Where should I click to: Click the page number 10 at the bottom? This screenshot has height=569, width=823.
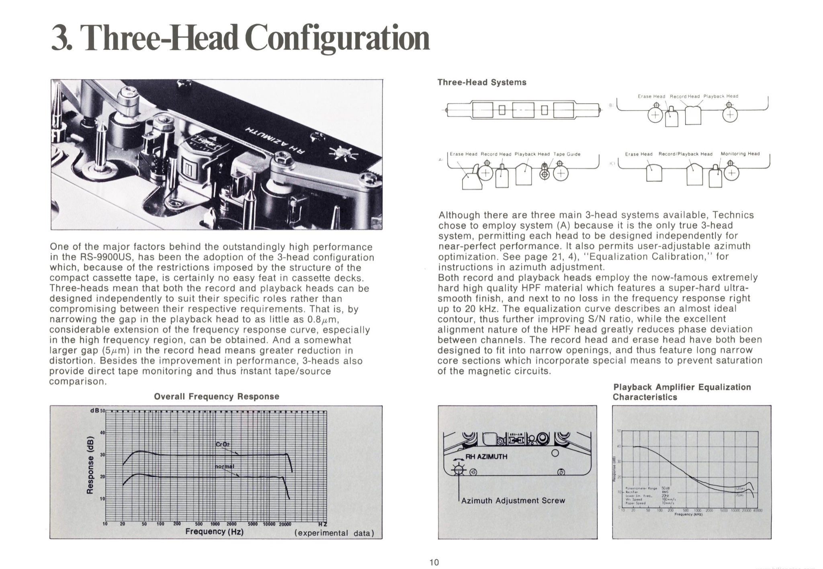click(434, 562)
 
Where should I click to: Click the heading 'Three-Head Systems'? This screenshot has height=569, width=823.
click(481, 82)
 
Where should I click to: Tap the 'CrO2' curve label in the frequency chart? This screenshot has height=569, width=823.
click(222, 444)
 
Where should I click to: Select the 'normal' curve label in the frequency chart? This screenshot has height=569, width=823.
click(224, 466)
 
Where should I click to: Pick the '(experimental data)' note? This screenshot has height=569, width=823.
click(334, 533)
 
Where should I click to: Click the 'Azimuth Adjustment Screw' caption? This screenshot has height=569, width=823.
click(513, 501)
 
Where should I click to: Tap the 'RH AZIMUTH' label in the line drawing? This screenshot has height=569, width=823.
click(486, 456)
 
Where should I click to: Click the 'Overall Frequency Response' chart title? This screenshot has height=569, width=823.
click(216, 396)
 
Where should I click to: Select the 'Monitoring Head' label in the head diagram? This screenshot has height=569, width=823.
click(740, 154)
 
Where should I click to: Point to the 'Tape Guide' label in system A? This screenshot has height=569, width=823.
click(567, 154)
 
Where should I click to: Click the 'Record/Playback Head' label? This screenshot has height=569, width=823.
click(685, 154)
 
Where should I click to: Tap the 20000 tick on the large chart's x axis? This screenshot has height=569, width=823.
click(285, 524)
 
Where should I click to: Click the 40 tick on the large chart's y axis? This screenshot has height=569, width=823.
click(102, 433)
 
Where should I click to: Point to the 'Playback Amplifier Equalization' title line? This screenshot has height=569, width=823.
click(682, 387)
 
